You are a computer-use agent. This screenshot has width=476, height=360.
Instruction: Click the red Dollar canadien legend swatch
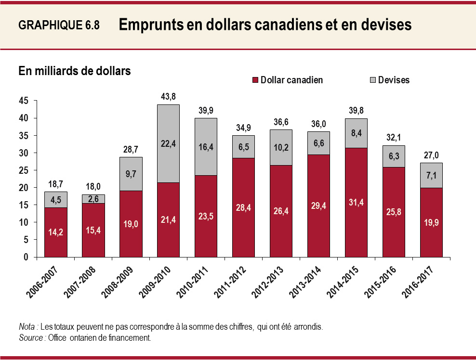(255, 80)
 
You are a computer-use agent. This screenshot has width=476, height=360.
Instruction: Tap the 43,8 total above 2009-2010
(168, 96)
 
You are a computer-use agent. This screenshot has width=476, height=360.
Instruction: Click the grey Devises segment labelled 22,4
(168, 144)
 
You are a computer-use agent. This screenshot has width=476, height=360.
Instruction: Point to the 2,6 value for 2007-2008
(93, 199)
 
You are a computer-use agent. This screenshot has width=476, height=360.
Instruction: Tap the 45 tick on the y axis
(24, 101)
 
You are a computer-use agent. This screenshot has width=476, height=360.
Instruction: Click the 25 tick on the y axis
(24, 170)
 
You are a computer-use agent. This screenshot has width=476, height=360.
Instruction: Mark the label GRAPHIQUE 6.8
(59, 26)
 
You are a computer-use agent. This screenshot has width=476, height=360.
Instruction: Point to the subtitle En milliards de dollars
(75, 71)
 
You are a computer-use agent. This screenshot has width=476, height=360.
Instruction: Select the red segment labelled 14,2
(56, 232)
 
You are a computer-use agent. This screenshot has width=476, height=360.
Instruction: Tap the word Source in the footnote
(30, 338)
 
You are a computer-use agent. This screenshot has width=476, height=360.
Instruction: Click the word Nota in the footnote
(27, 327)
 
